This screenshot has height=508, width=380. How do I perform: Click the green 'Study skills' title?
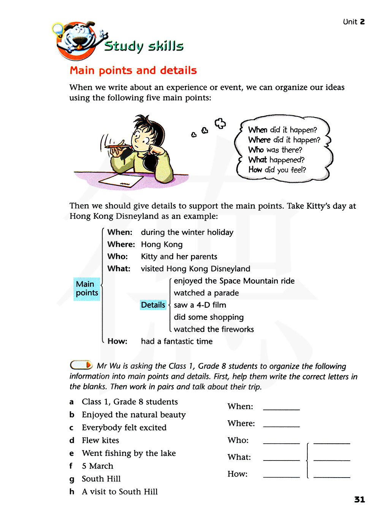tap(144, 46)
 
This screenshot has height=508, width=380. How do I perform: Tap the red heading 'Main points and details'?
tap(133, 70)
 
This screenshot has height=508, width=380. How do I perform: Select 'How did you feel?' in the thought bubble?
tap(277, 170)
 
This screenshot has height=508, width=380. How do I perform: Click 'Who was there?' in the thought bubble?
tap(275, 150)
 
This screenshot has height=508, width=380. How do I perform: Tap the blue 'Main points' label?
tap(87, 289)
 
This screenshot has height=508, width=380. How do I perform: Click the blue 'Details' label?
tap(153, 305)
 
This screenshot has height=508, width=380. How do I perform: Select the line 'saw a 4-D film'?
tap(200, 305)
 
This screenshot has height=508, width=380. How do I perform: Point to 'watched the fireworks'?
tap(214, 329)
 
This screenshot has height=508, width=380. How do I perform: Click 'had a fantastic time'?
tap(177, 341)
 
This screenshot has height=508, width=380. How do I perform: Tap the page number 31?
tap(359, 499)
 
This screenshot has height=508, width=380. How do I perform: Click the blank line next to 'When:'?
tap(281, 407)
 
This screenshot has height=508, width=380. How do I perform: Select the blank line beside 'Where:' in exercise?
tap(281, 424)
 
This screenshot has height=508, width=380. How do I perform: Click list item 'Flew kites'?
tap(100, 440)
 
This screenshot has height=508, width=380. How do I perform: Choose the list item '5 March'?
tap(97, 466)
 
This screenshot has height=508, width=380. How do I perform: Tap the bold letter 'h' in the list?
tap(72, 492)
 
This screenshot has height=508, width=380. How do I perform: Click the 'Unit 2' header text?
tap(353, 22)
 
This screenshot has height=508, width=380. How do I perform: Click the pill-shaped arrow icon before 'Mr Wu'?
tap(81, 365)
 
